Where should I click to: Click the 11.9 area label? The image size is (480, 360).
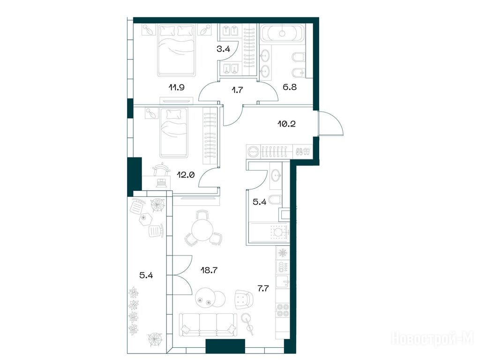coord(176,88)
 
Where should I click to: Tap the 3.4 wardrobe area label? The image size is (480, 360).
coord(223,49)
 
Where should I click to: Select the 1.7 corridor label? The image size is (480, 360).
coord(238,90)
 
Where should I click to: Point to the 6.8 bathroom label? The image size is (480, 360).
coord(289,87)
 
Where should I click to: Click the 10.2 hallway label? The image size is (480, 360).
coord(286,124)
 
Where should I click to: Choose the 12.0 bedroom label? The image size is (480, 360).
coord(186,175)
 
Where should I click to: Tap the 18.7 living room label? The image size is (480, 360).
coord(209,270)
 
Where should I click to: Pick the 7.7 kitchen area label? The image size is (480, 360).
coord(263,288)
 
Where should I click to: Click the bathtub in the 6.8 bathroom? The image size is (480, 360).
coord(282,33)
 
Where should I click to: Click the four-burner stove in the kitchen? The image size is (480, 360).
coord(283,310)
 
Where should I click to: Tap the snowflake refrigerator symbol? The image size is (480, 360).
coord(282,253)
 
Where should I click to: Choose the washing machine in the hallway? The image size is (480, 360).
coord(253,151)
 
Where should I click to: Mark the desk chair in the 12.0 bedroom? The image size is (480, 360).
coord(161,170)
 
